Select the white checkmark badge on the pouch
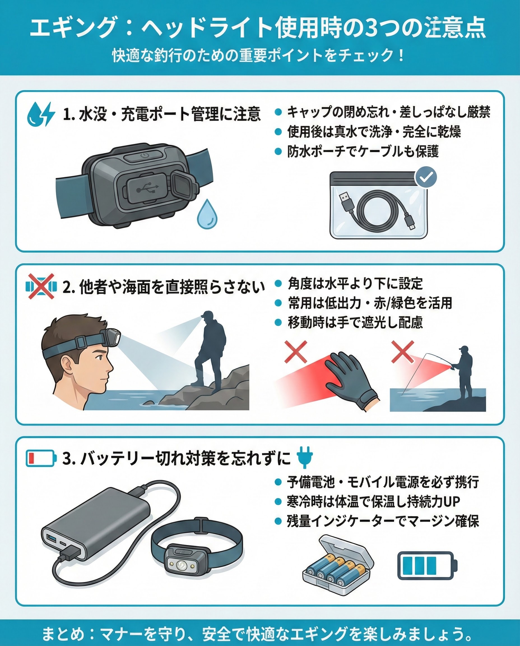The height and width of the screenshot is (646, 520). pos(426,178)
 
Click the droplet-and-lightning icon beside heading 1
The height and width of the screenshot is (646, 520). pos(41,114)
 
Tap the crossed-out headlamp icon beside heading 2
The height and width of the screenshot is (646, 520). pos(41,287)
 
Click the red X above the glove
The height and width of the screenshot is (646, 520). pos(296,352)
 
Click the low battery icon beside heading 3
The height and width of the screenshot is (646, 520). pos(41,458)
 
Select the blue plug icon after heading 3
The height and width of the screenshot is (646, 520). pos(305,457)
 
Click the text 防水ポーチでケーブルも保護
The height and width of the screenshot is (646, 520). pos(363,152)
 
